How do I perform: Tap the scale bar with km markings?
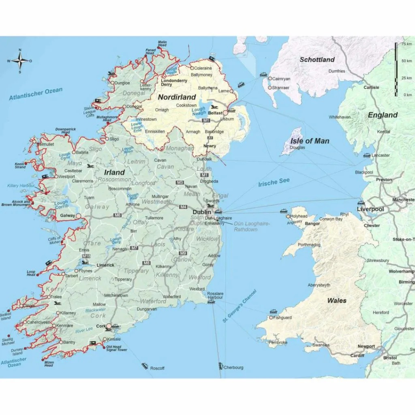tap(396, 69)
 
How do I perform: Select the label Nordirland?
tap(177, 97)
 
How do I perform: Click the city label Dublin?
tap(201, 212)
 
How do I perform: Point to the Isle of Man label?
tap(310, 141)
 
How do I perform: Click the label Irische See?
tap(274, 182)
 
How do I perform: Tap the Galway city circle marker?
tap(79, 216)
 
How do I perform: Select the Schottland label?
tap(317, 60)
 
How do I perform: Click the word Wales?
tap(337, 300)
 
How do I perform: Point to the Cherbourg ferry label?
tap(233, 368)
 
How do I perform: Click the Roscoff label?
tap(157, 368)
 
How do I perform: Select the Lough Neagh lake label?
tap(198, 111)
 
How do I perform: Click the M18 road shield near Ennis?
tap(86, 257)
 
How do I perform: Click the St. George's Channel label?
tap(240, 306)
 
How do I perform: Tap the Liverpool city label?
tap(370, 209)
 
